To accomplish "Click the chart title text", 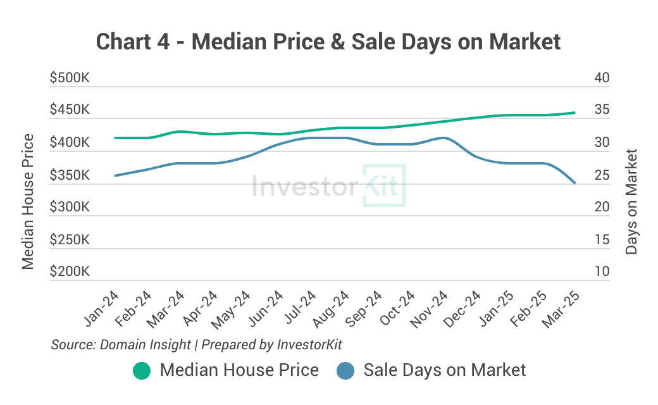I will pyautogui.click(x=328, y=42).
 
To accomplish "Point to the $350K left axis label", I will pyautogui.click(x=70, y=175).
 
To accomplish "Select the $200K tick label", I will pyautogui.click(x=70, y=272).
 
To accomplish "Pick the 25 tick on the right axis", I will pyautogui.click(x=602, y=175).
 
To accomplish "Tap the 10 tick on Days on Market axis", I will pyautogui.click(x=602, y=272).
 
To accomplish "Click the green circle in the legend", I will pyautogui.click(x=142, y=371).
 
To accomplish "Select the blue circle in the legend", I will pyautogui.click(x=345, y=371).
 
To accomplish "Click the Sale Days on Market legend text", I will pyautogui.click(x=444, y=370).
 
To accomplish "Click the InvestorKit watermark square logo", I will pyautogui.click(x=383, y=185).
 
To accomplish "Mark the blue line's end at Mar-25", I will pyautogui.click(x=574, y=184).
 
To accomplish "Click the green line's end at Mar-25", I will pyautogui.click(x=574, y=113).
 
